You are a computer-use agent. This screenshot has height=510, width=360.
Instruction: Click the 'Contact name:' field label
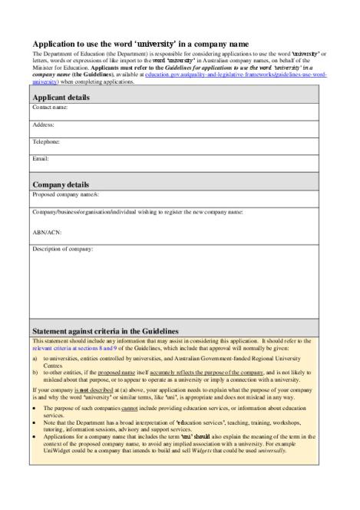pos(50,108)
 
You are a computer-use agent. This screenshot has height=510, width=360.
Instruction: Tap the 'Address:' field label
pos(44,124)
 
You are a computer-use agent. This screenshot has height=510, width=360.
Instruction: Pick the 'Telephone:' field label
pos(46,141)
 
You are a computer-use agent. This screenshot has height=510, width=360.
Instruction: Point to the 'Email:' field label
pos(41,158)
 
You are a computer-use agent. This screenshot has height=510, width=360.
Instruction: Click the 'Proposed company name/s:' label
pos(65,194)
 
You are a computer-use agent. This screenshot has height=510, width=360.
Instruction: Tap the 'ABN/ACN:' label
pos(47,230)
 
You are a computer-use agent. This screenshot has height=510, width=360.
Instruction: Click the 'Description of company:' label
pos(62,249)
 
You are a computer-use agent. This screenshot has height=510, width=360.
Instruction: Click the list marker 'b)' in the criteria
pos(35,371)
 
